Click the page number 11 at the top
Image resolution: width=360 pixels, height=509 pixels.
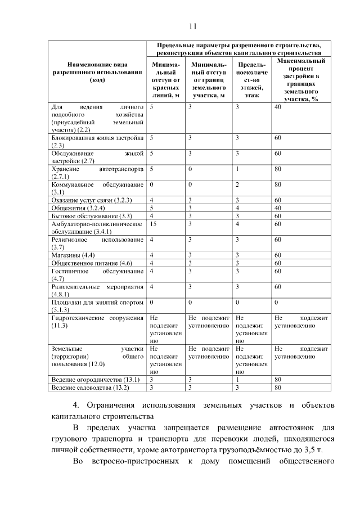[x=193, y=26]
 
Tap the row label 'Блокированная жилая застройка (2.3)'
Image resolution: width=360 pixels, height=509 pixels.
[x=97, y=141]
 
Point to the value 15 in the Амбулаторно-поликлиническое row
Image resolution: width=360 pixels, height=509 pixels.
[x=154, y=224]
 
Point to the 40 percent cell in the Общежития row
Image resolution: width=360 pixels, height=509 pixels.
[x=277, y=208]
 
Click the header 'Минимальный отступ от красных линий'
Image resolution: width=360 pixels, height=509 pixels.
[x=165, y=80]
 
